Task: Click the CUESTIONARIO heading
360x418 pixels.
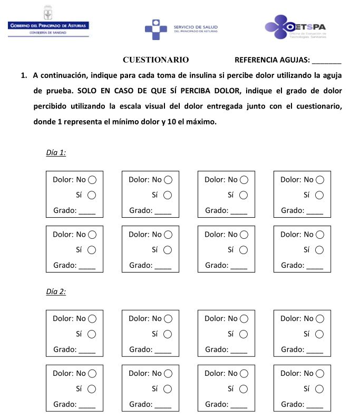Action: (x=155, y=60)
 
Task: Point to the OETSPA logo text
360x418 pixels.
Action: (x=312, y=26)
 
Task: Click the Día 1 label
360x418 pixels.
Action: (x=56, y=153)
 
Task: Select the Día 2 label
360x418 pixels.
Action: (x=56, y=291)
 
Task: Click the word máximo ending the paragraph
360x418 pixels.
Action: (x=200, y=121)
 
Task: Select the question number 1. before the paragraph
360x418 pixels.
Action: (x=24, y=75)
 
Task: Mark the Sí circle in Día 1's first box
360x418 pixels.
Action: (x=92, y=195)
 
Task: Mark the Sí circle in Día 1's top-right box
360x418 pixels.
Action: (x=319, y=195)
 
